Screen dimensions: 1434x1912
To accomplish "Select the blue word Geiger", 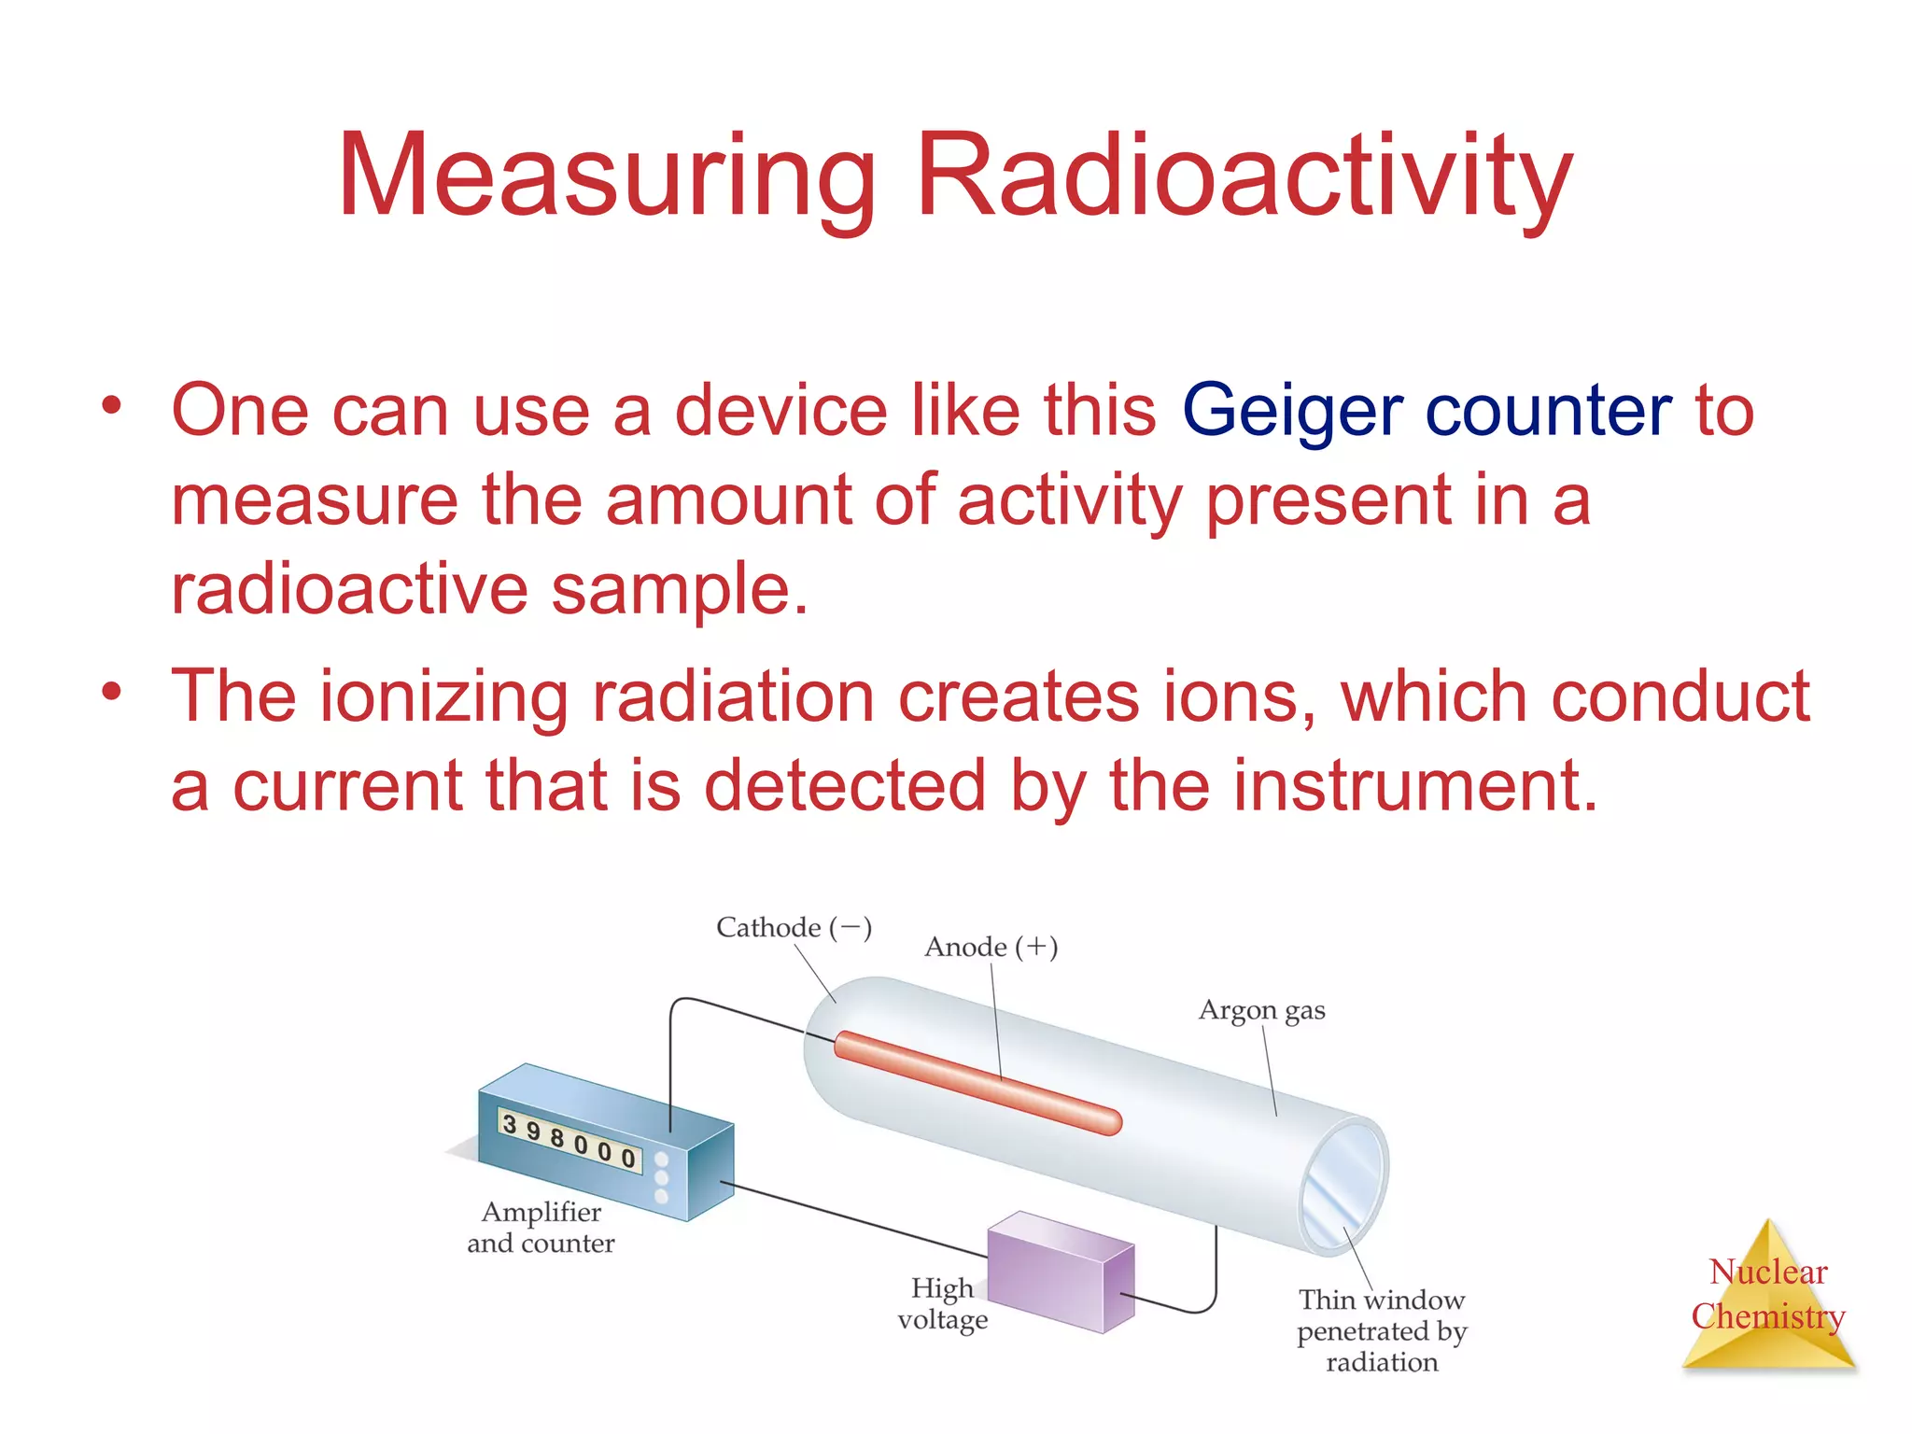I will click(x=1291, y=412).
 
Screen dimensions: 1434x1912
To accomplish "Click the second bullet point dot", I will click(x=112, y=692).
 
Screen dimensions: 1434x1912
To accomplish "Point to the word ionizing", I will click(x=443, y=698).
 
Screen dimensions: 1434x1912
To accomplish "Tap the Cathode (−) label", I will click(x=794, y=928).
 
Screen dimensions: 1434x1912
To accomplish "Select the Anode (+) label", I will click(x=991, y=948).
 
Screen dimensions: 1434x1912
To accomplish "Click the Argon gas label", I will click(x=1261, y=1011).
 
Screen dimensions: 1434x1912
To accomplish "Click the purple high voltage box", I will click(x=1060, y=1271).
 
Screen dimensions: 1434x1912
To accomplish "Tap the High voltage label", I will click(x=942, y=1304).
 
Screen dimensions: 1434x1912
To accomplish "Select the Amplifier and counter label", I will click(x=541, y=1228).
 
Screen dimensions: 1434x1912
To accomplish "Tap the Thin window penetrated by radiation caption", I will click(x=1382, y=1330).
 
